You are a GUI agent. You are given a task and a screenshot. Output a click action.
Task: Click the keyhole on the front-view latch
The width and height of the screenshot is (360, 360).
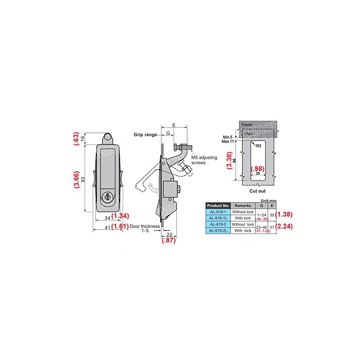pos(107,197)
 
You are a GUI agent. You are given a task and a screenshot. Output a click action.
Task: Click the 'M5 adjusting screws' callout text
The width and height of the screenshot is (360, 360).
pos(203,160)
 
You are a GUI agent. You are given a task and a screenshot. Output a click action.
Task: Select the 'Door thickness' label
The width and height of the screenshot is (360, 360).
pos(145,227)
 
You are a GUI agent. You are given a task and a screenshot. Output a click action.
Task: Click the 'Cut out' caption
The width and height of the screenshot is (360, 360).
pos(254,191)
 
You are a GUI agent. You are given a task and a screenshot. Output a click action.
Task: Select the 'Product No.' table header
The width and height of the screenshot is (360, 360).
pos(218,205)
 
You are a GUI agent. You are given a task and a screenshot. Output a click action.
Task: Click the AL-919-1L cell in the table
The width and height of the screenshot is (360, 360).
pos(218,217)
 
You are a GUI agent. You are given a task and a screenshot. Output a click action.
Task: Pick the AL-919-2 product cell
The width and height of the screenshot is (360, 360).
pos(218,224)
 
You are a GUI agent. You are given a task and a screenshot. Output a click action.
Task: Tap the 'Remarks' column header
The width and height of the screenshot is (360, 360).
pos(243,205)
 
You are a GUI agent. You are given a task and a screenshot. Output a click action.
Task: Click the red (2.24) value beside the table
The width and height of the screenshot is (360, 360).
pos(285,227)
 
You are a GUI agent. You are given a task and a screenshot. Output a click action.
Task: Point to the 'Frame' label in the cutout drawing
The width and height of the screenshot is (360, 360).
pos(247,124)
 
